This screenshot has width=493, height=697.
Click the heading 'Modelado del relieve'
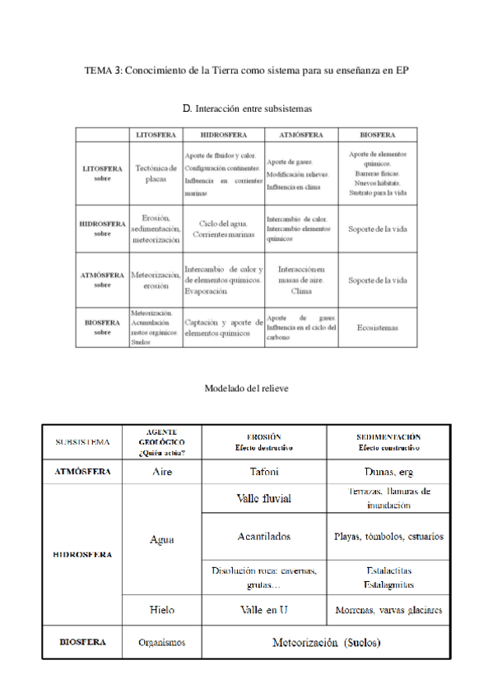246,388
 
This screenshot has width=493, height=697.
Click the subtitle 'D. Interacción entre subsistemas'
246,108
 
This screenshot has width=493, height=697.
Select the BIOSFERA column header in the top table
377,134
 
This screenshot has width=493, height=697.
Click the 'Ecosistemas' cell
377,327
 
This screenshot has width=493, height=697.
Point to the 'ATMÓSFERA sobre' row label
102,279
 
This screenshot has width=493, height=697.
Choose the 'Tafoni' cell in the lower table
264,472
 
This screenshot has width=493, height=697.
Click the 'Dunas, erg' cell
388,472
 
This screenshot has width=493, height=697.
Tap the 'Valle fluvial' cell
264,499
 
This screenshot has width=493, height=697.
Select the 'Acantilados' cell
264,537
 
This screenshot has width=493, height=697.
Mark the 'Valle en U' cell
264,610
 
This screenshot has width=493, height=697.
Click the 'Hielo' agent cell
162,610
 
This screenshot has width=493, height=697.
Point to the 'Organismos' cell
162,643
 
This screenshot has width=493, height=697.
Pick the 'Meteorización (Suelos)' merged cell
326,643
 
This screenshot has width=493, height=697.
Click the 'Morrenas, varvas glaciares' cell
388,610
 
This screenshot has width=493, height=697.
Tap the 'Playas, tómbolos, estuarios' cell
388,537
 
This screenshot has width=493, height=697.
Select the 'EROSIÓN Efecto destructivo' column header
264,442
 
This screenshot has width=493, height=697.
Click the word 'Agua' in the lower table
162,540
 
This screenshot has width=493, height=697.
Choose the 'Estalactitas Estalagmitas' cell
388,577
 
